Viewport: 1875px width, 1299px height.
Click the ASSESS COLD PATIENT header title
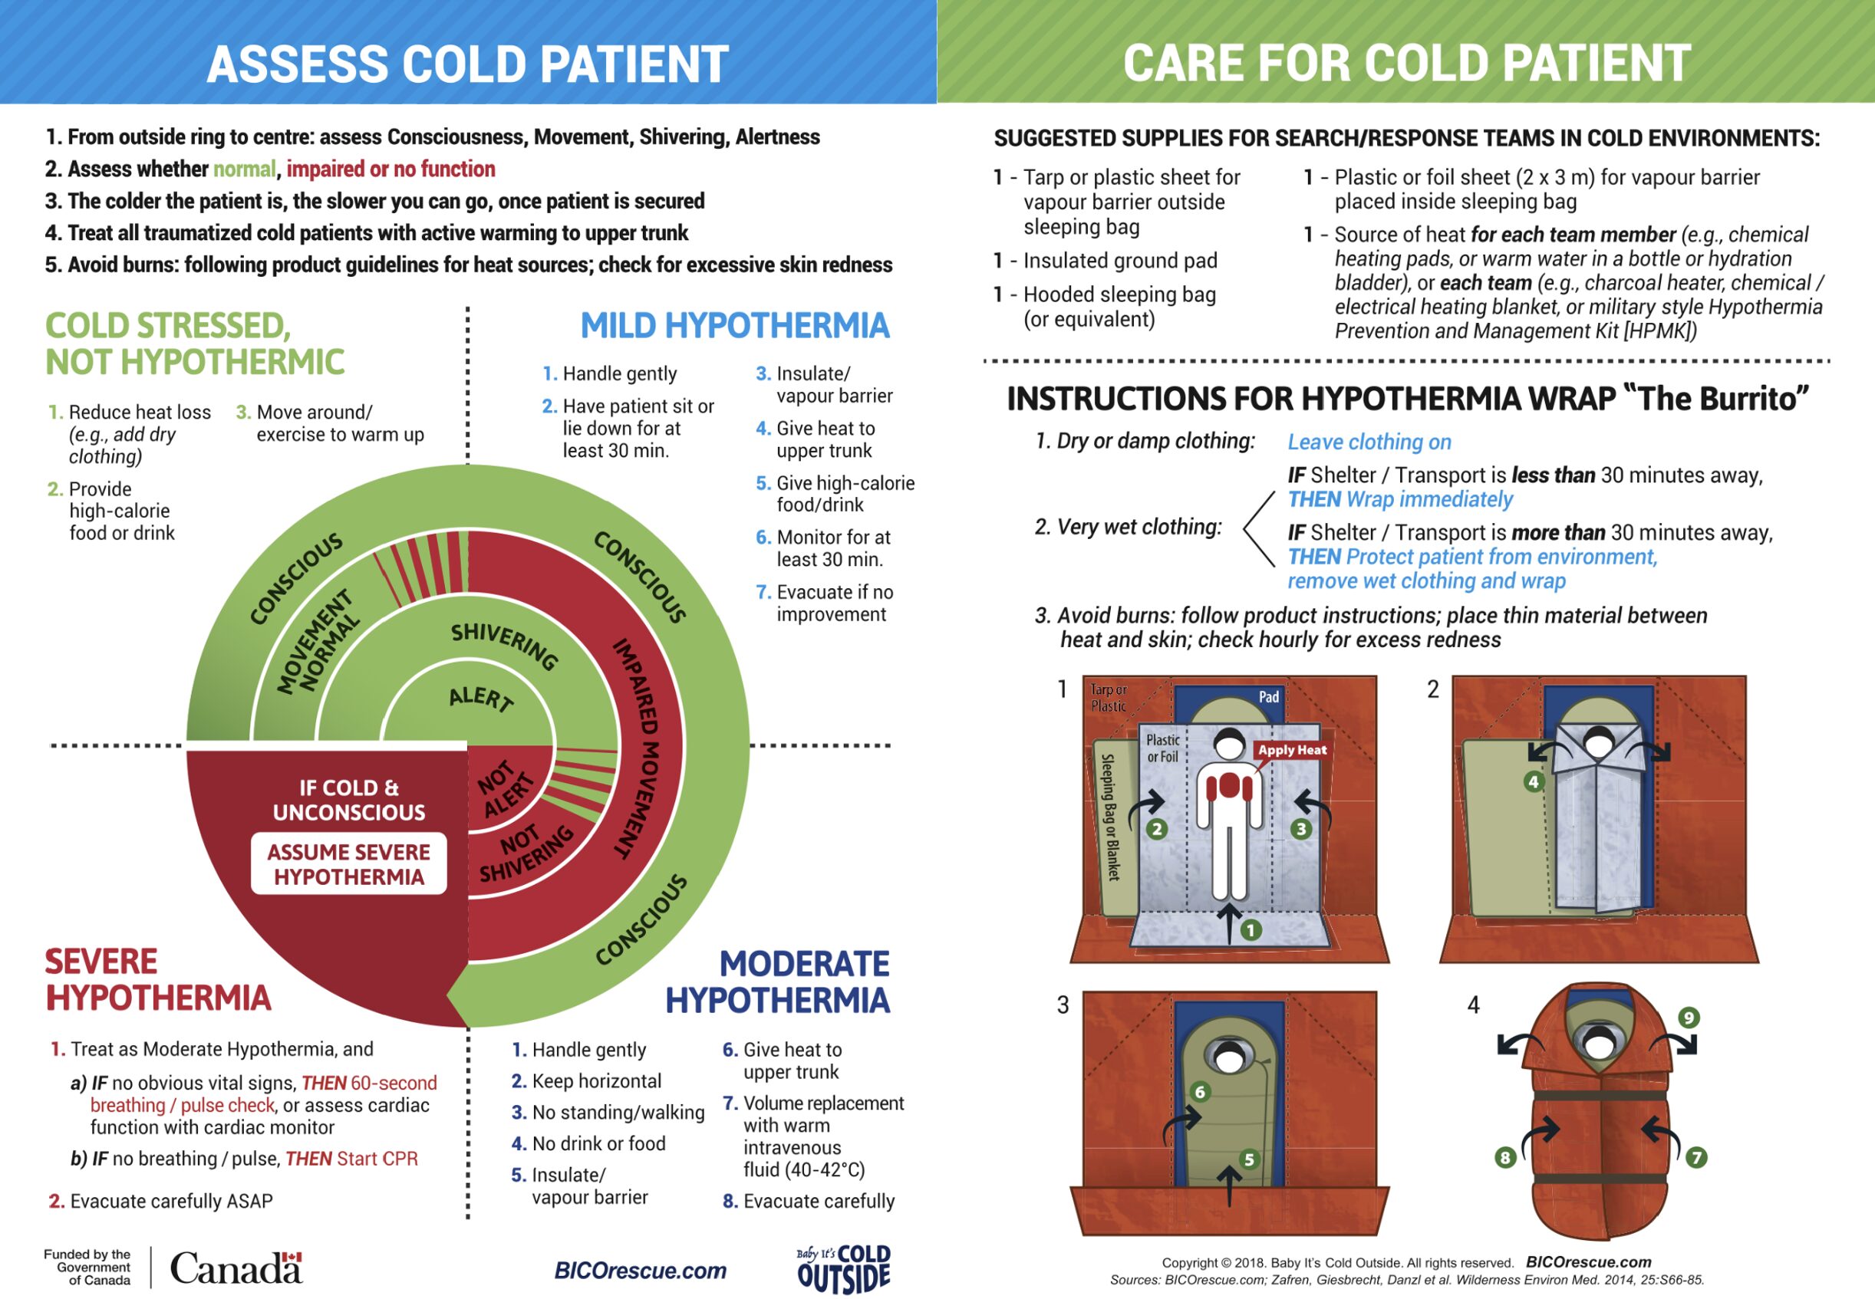click(467, 64)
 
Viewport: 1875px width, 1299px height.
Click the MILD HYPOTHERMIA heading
click(734, 326)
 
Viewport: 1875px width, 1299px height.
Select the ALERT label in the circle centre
click(481, 699)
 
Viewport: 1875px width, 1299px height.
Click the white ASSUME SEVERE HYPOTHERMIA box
click(348, 863)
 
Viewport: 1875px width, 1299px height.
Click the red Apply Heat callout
click(1292, 750)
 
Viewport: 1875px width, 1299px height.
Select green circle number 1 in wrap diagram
click(1251, 929)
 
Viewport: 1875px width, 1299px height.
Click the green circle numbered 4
click(1534, 782)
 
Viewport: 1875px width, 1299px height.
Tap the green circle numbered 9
click(1689, 1018)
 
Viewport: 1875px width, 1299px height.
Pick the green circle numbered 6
click(1199, 1092)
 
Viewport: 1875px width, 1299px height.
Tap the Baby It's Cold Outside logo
click(843, 1268)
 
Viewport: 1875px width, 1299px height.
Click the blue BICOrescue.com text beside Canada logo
click(640, 1271)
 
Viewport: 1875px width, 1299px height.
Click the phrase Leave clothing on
click(1369, 442)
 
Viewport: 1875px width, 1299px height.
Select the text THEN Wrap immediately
click(1400, 499)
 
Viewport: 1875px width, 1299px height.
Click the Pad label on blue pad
click(1268, 697)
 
